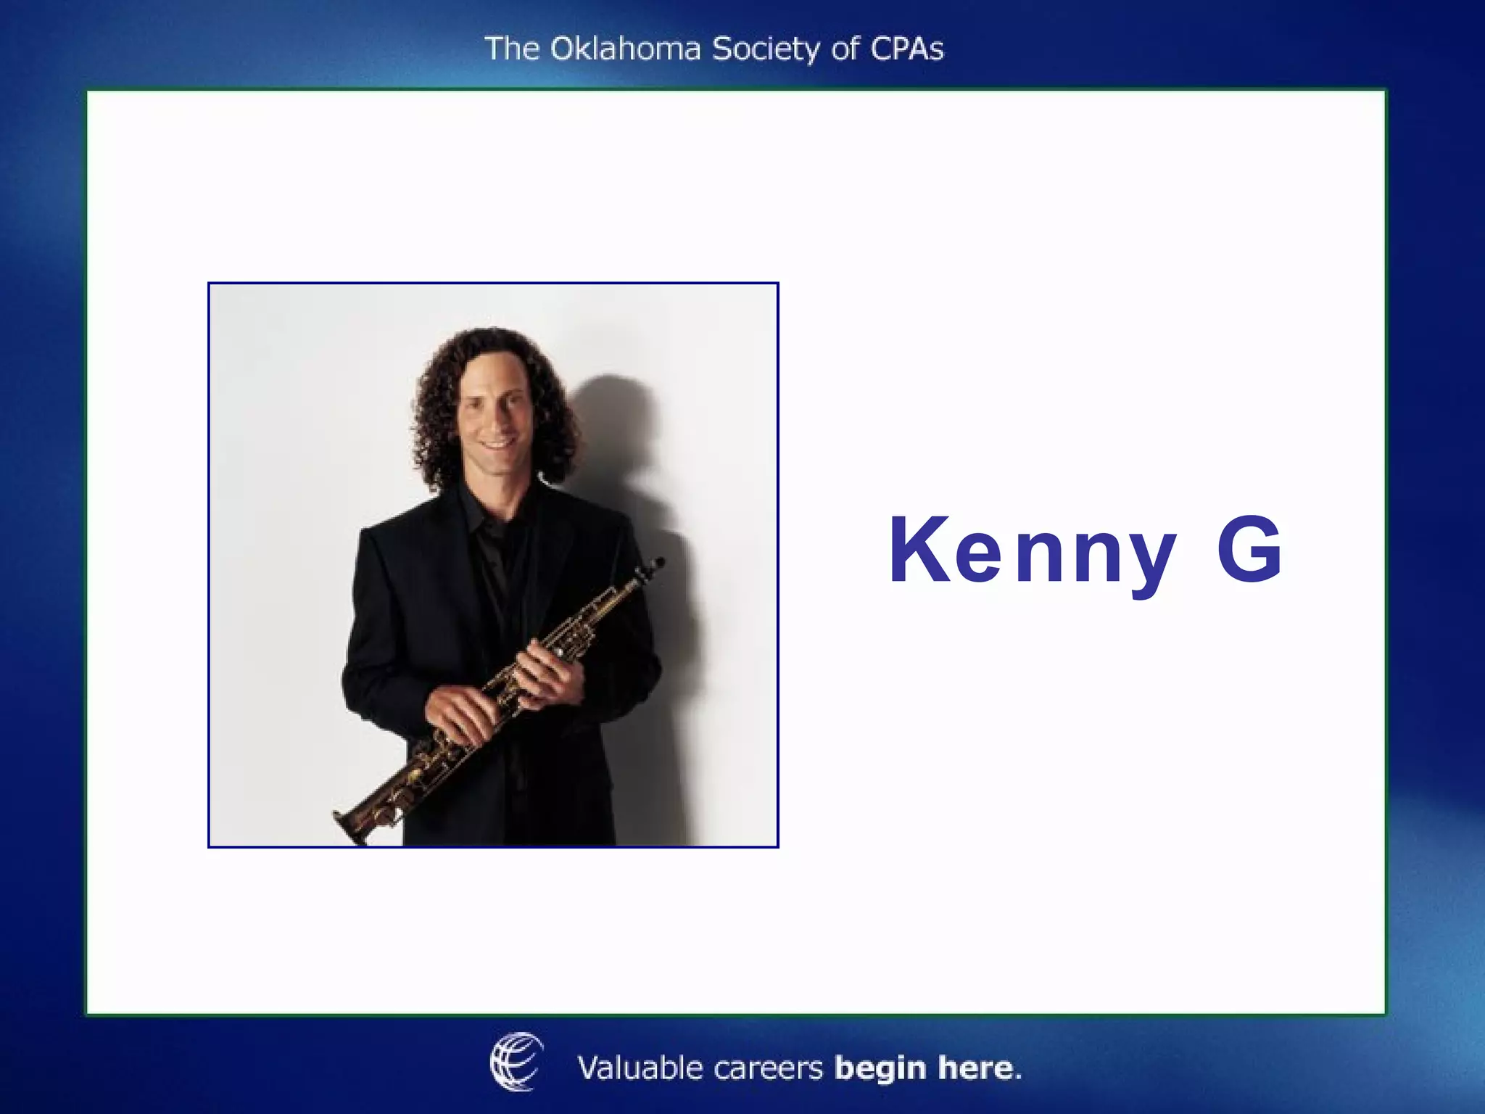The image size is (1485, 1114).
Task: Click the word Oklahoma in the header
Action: point(625,49)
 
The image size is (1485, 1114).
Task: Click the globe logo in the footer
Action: point(516,1061)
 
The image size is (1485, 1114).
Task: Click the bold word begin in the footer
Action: point(880,1069)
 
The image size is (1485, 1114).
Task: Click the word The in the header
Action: point(512,49)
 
